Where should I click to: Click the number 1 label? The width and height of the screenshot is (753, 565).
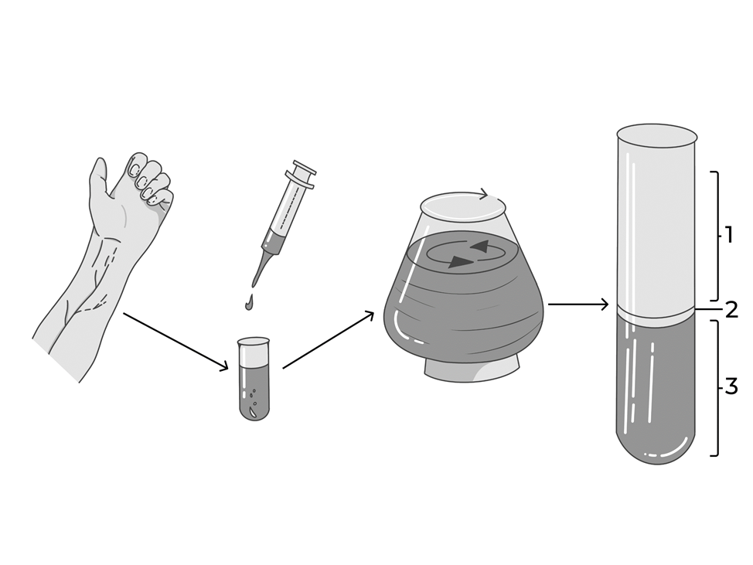click(x=729, y=235)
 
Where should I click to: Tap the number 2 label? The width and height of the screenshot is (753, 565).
click(x=731, y=310)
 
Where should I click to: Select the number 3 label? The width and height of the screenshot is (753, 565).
click(x=731, y=386)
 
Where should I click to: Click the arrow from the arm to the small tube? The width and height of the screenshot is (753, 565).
click(x=175, y=342)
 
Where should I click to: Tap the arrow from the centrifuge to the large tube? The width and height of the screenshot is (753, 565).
click(x=579, y=305)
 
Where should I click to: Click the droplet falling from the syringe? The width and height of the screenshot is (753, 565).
click(x=249, y=303)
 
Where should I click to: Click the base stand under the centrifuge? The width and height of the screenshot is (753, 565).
click(x=472, y=368)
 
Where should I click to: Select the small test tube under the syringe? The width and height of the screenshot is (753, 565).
click(x=254, y=380)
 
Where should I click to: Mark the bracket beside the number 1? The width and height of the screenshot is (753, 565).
click(x=718, y=236)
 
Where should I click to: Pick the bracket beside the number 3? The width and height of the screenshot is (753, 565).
click(x=718, y=388)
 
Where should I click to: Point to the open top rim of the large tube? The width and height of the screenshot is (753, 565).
click(x=656, y=136)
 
